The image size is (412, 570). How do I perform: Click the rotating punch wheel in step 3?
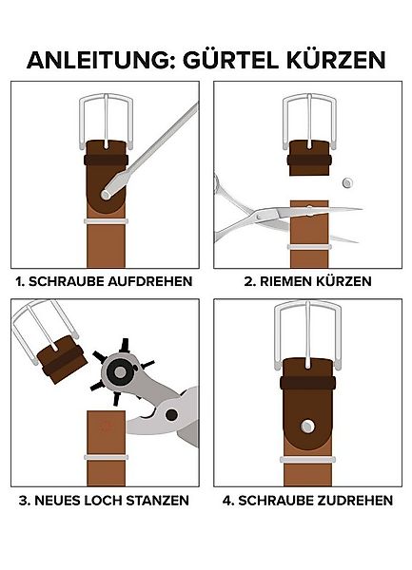coord(121,371)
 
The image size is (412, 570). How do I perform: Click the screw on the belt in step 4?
coord(307,426)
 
